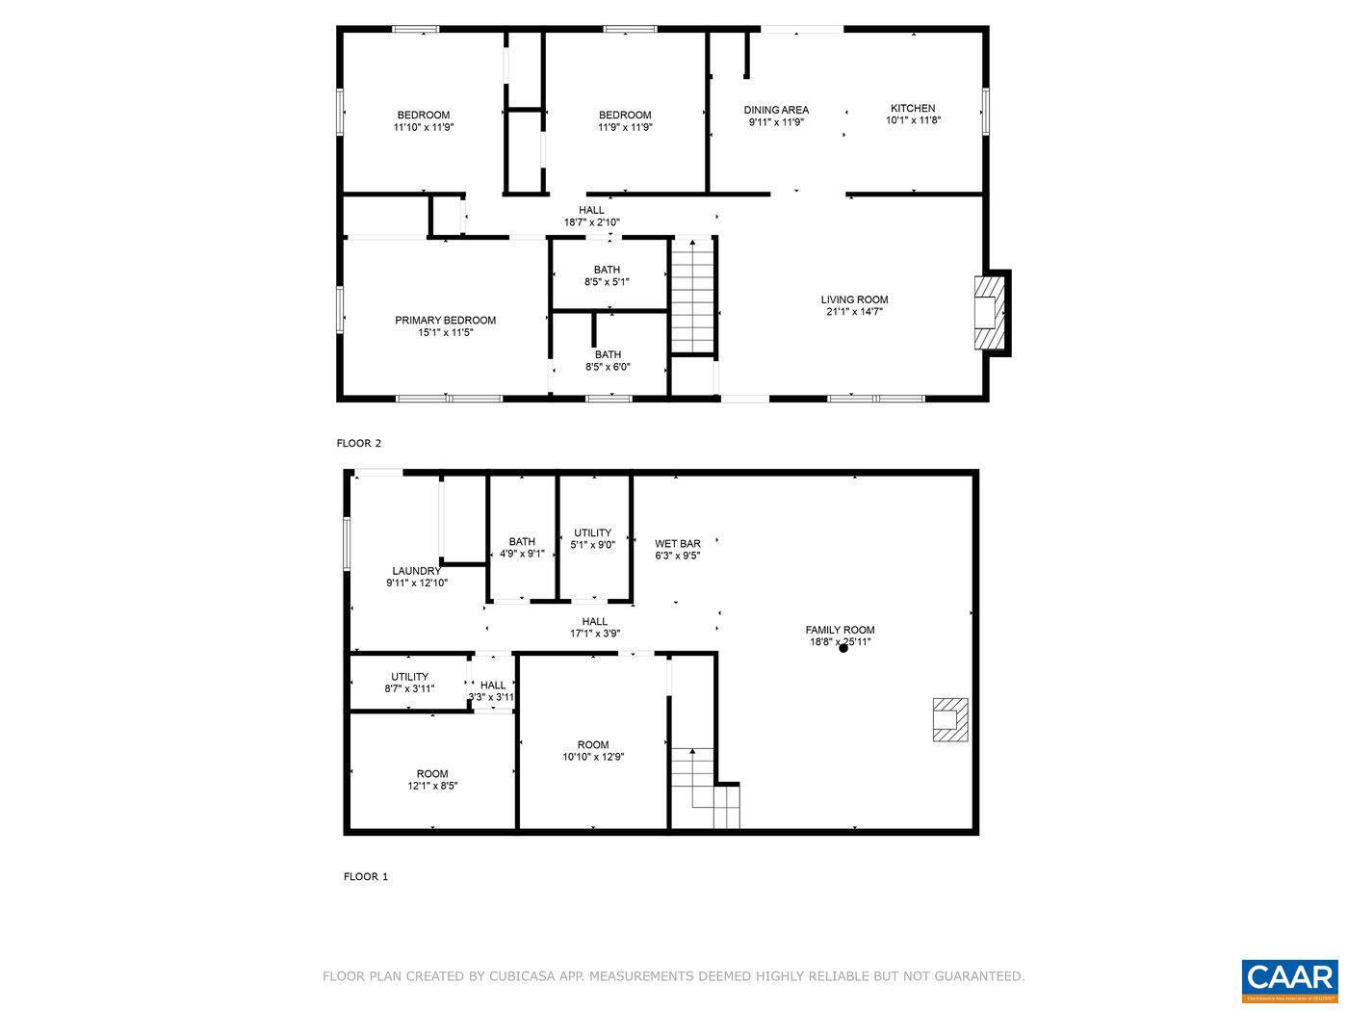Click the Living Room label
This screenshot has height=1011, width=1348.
pos(854,299)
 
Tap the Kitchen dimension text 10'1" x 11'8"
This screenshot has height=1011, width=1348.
pos(912,120)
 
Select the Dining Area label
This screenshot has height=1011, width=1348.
pos(775,110)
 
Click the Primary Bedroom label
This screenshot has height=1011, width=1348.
pos(445,321)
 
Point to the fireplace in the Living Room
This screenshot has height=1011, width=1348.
pos(989,313)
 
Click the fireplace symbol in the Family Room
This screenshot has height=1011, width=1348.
pos(948,719)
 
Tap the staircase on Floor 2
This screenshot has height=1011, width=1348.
pos(694,297)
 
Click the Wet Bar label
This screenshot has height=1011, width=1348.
pos(677,544)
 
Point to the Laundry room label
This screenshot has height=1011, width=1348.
pos(417,571)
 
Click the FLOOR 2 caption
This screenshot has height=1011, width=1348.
pos(358,444)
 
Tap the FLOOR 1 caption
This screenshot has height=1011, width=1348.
pos(365,877)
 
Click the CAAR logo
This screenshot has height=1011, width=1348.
pos(1289,980)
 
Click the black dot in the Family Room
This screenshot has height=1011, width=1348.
pos(843,648)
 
